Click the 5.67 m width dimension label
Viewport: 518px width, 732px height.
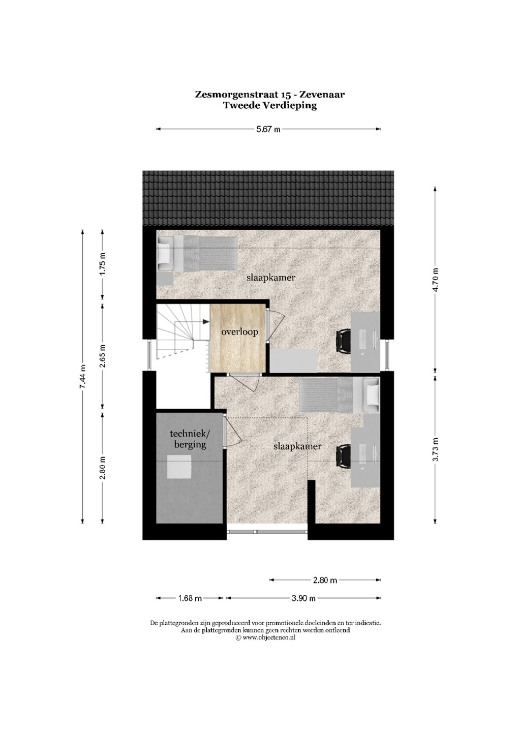point(268,129)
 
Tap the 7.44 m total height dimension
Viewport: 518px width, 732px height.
point(82,377)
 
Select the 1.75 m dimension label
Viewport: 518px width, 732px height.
point(103,264)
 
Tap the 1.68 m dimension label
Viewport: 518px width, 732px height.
point(190,598)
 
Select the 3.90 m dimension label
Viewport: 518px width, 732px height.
point(303,598)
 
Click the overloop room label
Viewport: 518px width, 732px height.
point(239,332)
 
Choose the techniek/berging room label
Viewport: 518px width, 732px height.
point(190,439)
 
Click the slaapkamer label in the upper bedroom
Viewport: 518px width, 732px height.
point(271,278)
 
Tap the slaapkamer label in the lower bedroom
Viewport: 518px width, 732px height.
point(297,446)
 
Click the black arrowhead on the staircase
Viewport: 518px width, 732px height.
point(206,322)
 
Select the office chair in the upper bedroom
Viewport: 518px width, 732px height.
point(343,341)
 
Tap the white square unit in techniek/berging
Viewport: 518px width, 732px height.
point(179,467)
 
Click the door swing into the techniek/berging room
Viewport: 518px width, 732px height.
point(233,431)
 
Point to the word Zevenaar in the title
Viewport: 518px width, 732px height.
point(322,95)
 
